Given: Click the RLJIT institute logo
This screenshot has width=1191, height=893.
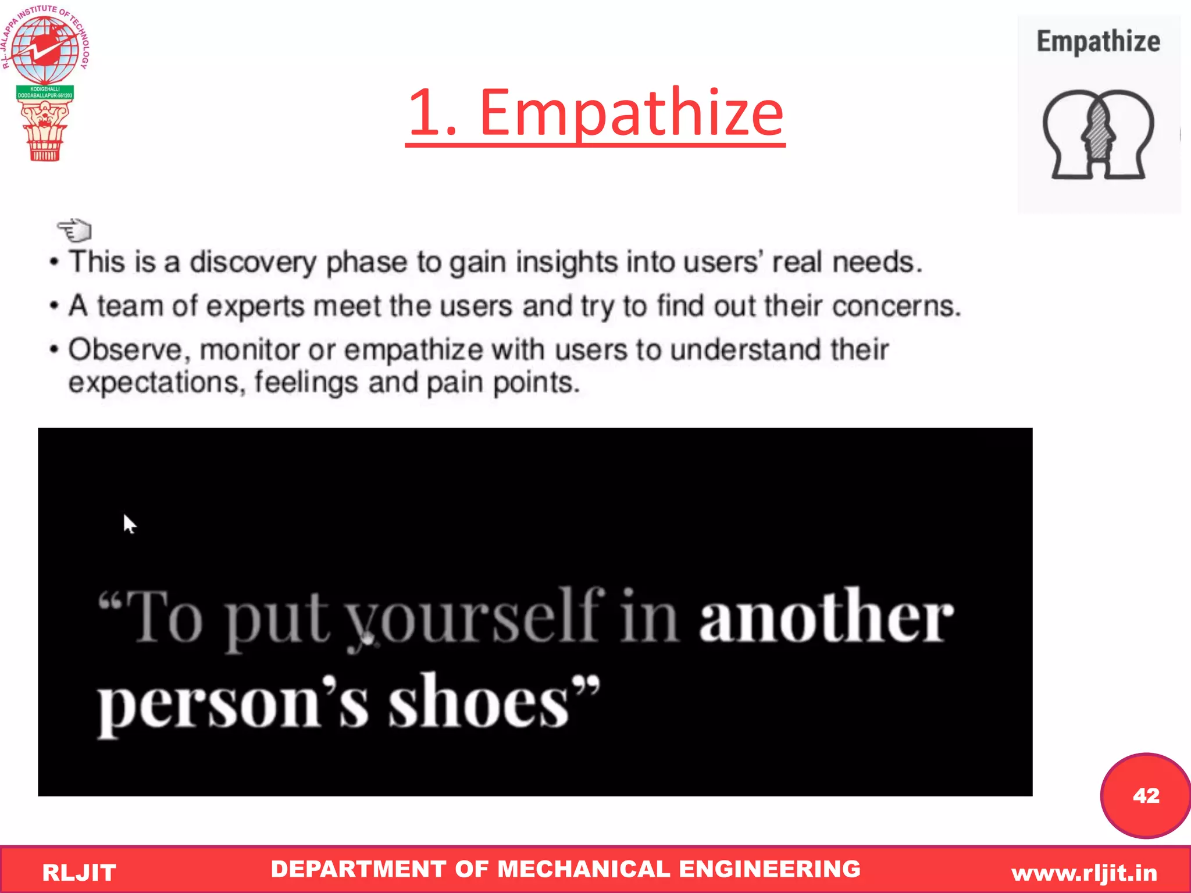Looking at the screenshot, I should (45, 81).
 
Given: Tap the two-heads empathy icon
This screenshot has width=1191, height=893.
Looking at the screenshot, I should (1098, 135).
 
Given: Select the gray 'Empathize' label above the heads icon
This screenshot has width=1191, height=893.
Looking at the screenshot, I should (1098, 42).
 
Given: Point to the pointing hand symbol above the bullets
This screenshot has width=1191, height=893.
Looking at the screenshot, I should (74, 230).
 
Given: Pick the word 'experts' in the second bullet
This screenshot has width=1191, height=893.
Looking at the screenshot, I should (255, 306).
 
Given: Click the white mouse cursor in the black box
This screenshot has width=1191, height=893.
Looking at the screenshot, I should (129, 523).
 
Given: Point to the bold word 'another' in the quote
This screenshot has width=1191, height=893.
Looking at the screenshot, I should (826, 616).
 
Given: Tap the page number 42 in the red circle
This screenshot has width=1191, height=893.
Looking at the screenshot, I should (1146, 795).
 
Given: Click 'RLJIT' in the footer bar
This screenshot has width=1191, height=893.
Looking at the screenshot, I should (79, 873).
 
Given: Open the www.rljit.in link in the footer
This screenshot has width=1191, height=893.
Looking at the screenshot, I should (1084, 873).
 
